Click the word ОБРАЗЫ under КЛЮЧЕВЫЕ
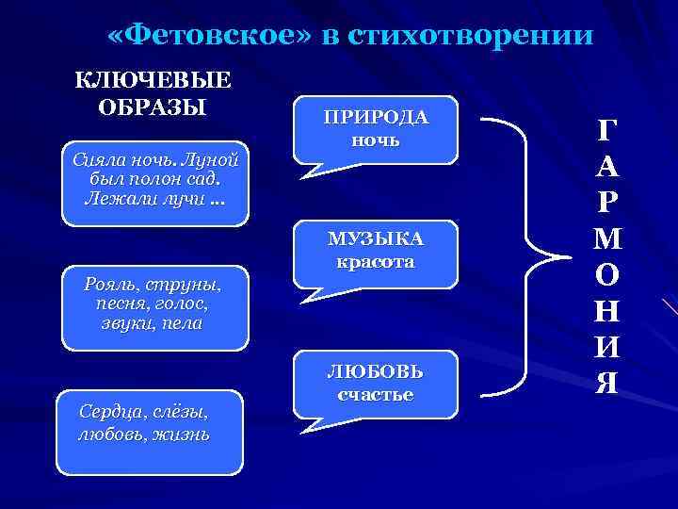tap(153, 105)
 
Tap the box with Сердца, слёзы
tap(149, 430)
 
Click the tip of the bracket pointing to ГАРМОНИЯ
tap(566, 254)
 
